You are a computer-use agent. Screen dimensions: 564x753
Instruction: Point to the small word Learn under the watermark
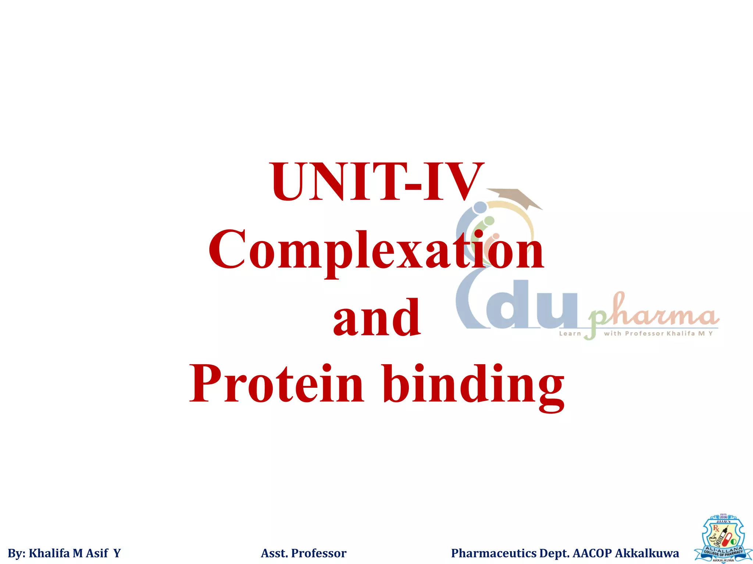pyautogui.click(x=570, y=334)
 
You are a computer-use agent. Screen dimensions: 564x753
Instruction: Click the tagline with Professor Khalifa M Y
pyautogui.click(x=658, y=334)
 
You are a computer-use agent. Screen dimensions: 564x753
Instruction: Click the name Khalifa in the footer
pyautogui.click(x=49, y=553)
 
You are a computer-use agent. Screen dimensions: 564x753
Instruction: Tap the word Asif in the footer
pyautogui.click(x=97, y=553)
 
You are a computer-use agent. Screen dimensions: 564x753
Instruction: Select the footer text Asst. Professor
pyautogui.click(x=303, y=553)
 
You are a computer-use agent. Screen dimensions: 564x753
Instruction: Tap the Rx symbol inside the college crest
pyautogui.click(x=716, y=529)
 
